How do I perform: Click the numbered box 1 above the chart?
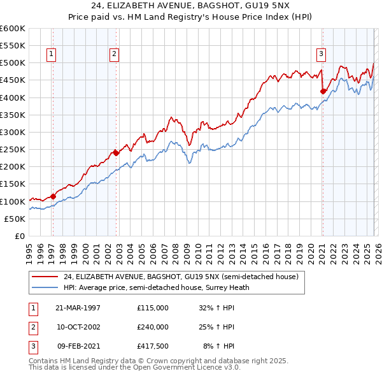[50, 54]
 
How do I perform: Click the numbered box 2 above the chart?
[114, 54]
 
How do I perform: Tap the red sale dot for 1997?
[52, 196]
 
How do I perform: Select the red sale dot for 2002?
[116, 153]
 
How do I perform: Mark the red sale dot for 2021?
[323, 91]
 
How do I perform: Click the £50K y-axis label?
[15, 219]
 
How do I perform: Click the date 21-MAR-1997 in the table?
[78, 307]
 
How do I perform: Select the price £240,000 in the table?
[152, 327]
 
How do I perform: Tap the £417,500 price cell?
[152, 347]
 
